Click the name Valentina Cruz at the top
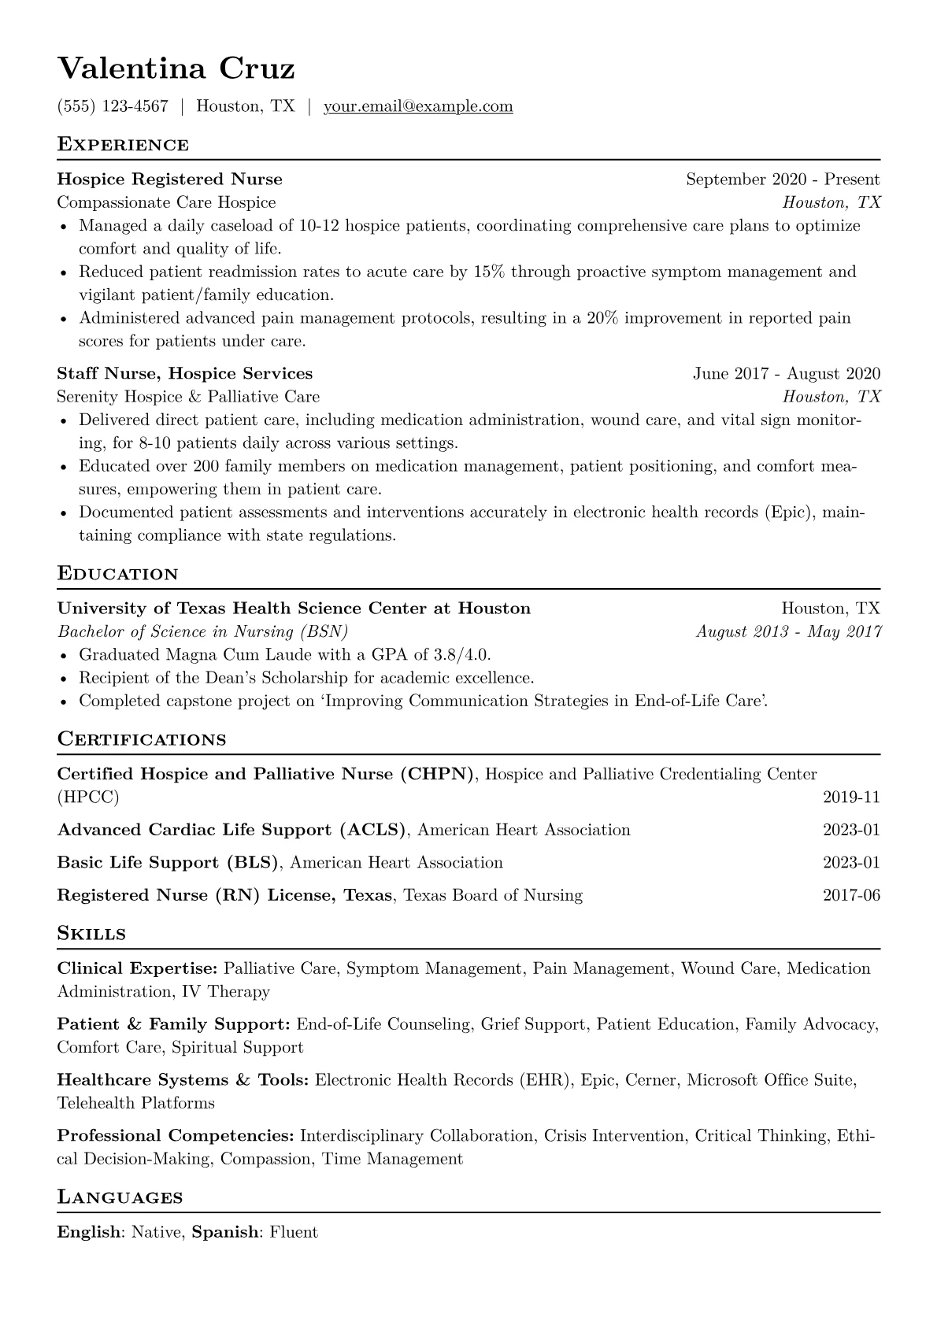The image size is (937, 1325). point(176,69)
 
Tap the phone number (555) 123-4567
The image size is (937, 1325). point(113,106)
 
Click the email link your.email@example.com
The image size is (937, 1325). point(418,106)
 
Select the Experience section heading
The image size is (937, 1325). point(123,145)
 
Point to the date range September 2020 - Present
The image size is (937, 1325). point(783,180)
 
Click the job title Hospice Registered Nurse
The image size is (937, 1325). point(169,180)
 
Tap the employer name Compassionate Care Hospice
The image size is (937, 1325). point(166,202)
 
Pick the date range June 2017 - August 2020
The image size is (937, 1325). point(787,373)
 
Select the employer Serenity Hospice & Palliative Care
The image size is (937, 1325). point(188,396)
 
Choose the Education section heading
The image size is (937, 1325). point(118,574)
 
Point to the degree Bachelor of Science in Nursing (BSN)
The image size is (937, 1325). point(202,631)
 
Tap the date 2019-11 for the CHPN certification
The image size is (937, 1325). point(851,797)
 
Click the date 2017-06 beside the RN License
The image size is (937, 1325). point(851,895)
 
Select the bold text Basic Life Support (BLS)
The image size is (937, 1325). point(168,863)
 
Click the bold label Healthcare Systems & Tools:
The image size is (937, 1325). point(183,1080)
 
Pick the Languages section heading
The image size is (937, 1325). point(120,1198)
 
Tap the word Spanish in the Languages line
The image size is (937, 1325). point(225,1232)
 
